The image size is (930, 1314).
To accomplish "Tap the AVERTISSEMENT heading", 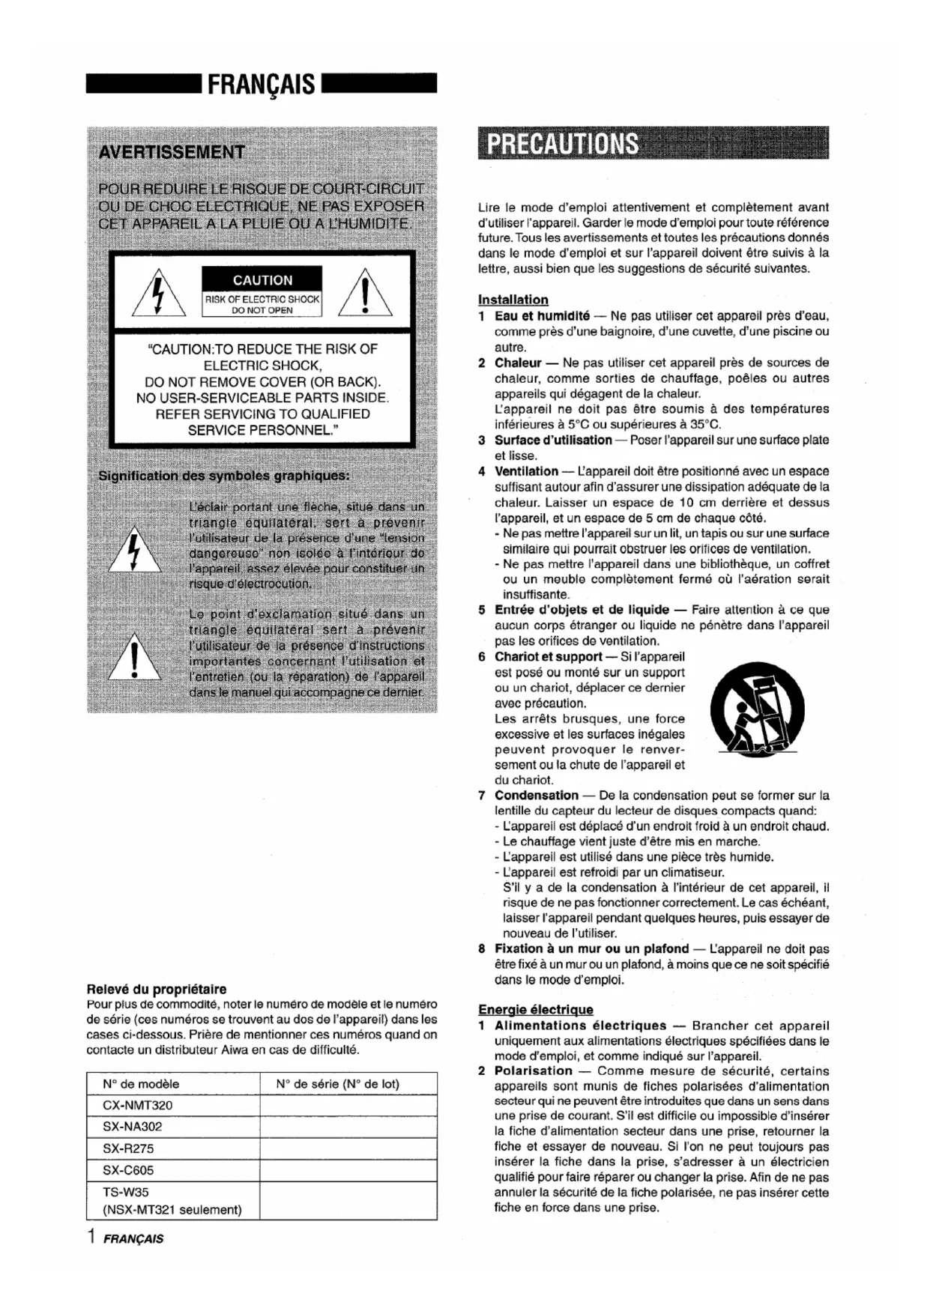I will pos(172,152).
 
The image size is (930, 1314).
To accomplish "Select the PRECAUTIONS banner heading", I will pos(562,144).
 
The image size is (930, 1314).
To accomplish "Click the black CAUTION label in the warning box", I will pos(262,279).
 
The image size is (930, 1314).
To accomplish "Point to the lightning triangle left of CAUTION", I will pos(159,293).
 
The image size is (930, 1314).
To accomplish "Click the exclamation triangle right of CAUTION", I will pos(365,293).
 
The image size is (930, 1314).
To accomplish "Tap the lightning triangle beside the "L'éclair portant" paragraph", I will pos(134,551).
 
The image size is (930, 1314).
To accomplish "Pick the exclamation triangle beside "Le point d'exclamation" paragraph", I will pos(134,657).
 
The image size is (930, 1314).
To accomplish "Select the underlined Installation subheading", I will pos(513,300).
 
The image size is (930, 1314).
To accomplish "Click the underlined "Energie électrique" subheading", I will pos(535,1009).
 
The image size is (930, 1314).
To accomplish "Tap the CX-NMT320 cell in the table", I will pos(137,1105).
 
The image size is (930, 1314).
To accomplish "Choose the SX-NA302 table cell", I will pos(132,1126).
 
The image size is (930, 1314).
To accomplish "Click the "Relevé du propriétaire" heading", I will pos(157,989).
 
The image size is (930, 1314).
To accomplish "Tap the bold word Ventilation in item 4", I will pos(526,471).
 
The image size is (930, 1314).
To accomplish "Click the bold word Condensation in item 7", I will pos(536,795).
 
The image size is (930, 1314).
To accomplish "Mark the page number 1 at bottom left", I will pos(91,1236).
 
